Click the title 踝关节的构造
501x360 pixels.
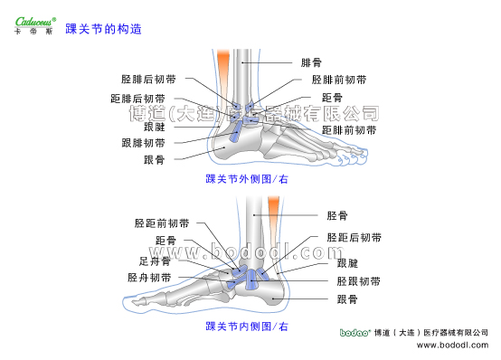(x=104, y=29)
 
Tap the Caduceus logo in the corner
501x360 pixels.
(x=34, y=22)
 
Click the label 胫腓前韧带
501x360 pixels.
(x=338, y=80)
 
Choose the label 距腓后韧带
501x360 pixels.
(x=137, y=98)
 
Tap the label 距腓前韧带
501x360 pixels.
(x=344, y=130)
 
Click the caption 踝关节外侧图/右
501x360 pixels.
(x=247, y=180)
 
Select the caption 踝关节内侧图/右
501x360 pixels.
(x=247, y=326)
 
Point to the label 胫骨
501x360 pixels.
(x=336, y=215)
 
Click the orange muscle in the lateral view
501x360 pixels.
(x=222, y=68)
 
